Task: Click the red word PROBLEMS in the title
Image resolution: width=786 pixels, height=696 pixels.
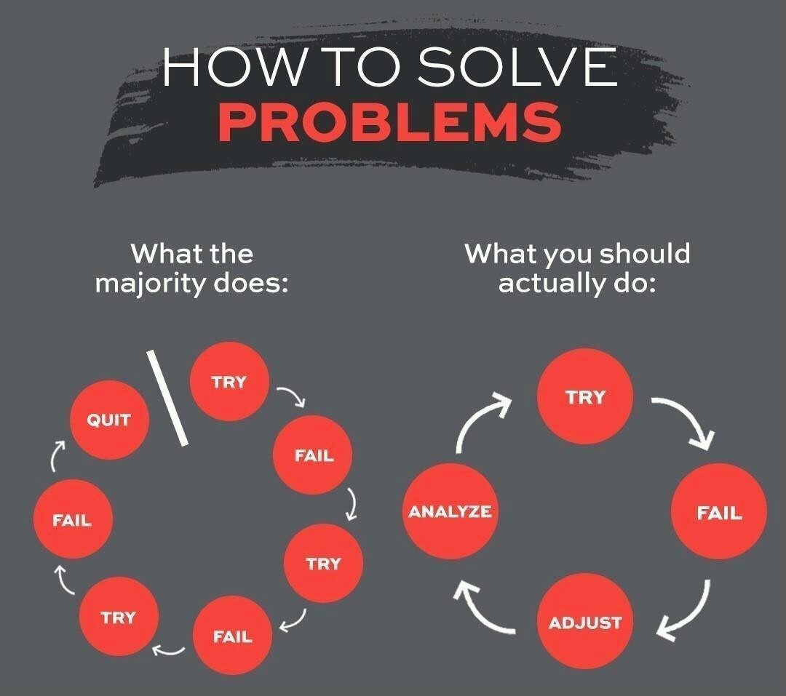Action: tap(390, 121)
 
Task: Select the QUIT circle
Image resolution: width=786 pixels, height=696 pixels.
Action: tap(109, 420)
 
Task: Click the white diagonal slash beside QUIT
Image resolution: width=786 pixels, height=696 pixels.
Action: tap(167, 398)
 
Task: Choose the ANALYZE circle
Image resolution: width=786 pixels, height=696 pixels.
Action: tap(449, 512)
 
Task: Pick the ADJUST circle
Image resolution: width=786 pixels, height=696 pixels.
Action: tap(584, 623)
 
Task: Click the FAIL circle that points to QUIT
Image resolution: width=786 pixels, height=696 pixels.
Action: tap(71, 521)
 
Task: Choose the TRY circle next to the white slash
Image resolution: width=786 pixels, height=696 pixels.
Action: tap(229, 382)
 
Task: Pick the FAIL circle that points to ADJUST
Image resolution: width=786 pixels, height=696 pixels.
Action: tap(718, 512)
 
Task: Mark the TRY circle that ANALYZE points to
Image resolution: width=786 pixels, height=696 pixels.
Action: tap(584, 397)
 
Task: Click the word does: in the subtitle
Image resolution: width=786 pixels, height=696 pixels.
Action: tap(250, 282)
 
